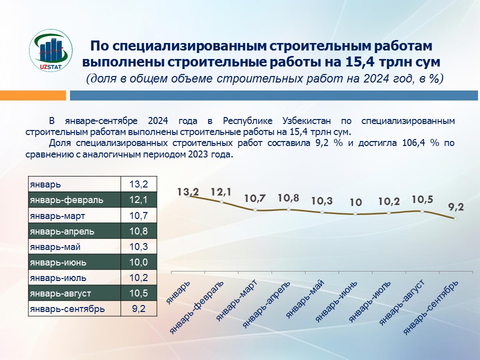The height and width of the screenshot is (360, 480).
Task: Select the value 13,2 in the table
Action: (x=138, y=184)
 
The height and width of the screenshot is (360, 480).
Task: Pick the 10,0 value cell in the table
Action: (x=138, y=262)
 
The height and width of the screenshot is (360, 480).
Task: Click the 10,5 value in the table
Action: (x=138, y=293)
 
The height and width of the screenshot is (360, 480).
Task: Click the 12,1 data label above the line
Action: (x=221, y=191)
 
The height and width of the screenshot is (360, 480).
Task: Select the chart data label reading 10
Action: (x=355, y=202)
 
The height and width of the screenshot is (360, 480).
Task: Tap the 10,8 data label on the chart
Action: (x=288, y=197)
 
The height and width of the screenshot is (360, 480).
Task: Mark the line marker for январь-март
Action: (x=255, y=210)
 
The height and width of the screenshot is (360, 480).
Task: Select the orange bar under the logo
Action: (x=33, y=95)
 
